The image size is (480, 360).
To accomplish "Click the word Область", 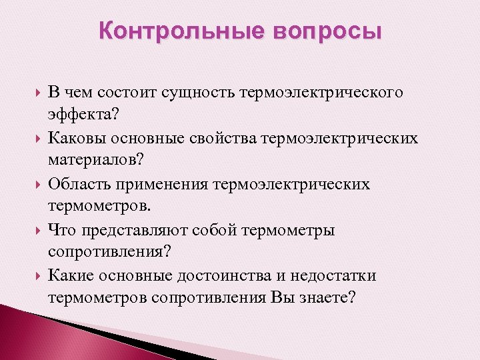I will pos(82,184).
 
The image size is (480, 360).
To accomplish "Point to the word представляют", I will pos(133,230).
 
